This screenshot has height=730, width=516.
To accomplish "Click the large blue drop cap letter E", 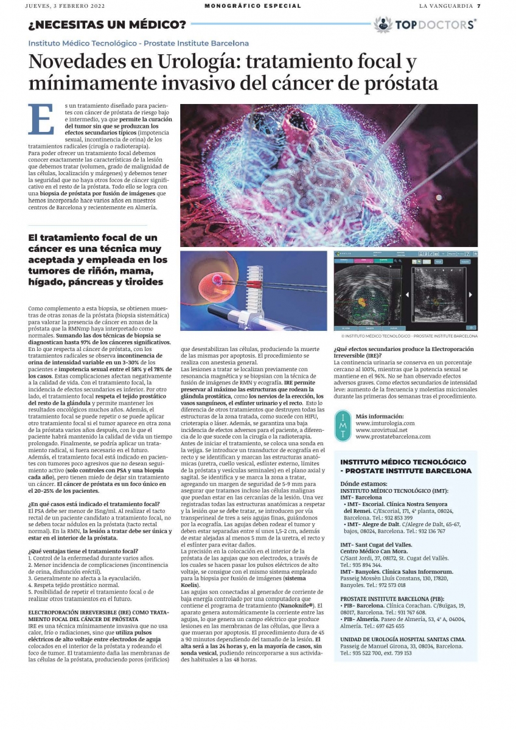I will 41,119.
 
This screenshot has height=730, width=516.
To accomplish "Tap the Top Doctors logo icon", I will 383,25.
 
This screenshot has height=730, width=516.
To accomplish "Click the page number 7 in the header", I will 479,6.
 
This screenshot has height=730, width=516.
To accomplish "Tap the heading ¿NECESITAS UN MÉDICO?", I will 107,25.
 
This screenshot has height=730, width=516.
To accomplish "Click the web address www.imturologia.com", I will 385,423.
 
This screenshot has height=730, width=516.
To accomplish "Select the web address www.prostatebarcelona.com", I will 393,436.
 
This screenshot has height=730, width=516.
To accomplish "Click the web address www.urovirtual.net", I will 382,429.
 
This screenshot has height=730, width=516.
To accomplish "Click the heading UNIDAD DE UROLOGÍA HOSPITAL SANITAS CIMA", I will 403,639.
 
